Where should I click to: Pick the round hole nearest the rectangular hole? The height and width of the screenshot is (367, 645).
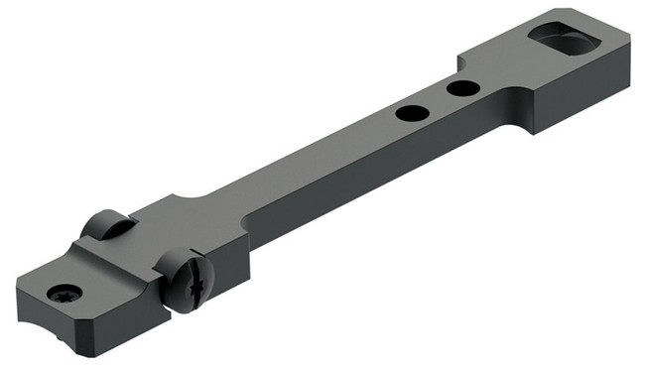pyautogui.click(x=459, y=89)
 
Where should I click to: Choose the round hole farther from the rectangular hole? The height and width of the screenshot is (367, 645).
pyautogui.click(x=410, y=112)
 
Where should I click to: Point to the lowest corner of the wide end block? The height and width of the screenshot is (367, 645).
pyautogui.click(x=537, y=132)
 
